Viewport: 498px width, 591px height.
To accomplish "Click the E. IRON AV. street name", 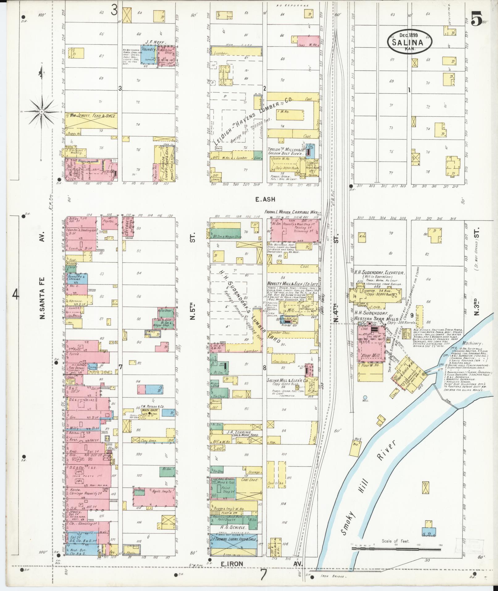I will (x=262, y=564).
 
